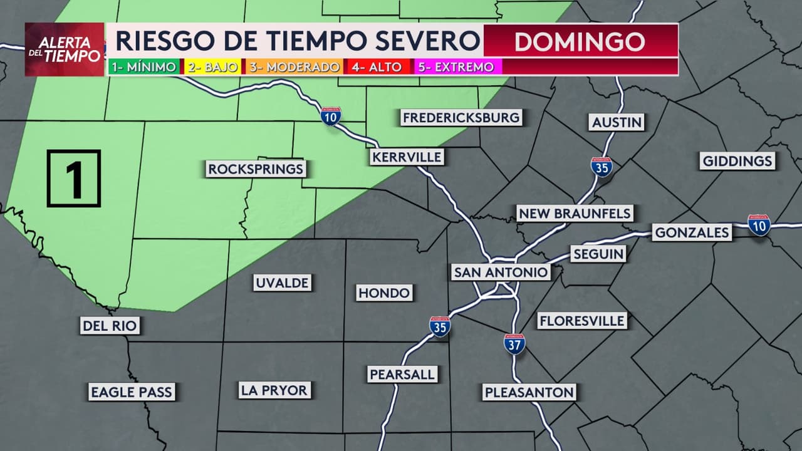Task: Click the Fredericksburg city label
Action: (461, 118)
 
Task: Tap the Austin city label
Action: (617, 122)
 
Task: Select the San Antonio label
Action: (501, 272)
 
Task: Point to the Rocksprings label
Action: (256, 168)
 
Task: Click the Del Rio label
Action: (110, 326)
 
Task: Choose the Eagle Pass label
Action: (131, 392)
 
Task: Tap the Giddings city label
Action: (737, 161)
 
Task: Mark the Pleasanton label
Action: (529, 393)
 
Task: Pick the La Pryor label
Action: (274, 390)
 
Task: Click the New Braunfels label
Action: (575, 214)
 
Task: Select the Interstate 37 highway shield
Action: (514, 344)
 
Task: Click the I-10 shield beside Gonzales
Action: (759, 224)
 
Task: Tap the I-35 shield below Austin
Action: (601, 167)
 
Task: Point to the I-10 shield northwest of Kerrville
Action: (331, 117)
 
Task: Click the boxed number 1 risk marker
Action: (74, 179)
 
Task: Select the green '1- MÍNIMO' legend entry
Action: (143, 67)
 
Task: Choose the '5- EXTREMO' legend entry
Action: (455, 67)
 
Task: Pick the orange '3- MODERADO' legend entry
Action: (294, 67)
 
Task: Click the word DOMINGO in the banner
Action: (580, 41)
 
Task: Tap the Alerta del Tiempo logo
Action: (65, 49)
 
